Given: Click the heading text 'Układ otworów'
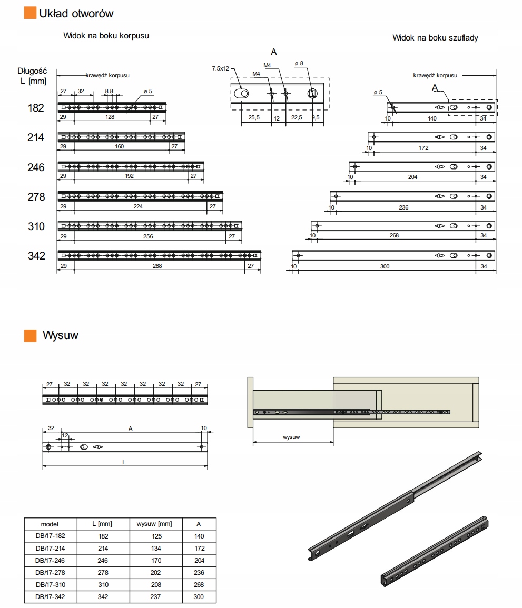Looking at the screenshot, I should [x=76, y=13].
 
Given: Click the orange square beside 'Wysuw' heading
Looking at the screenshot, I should [x=30, y=335].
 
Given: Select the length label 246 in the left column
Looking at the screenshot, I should [x=36, y=167].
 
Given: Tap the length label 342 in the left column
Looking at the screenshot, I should [x=36, y=256].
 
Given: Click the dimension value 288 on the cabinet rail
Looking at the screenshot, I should [x=157, y=266].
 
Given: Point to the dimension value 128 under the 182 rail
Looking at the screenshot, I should [x=110, y=117].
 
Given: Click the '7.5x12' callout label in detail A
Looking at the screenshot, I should [x=221, y=69].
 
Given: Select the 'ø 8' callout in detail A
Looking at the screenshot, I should [x=299, y=64].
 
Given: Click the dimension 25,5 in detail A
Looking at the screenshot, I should [x=254, y=118].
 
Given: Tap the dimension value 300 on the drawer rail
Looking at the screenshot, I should [x=385, y=267].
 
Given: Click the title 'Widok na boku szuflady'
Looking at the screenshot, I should [x=435, y=38].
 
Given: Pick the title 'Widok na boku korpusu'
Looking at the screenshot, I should [x=106, y=36].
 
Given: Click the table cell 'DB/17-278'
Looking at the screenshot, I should [x=50, y=572].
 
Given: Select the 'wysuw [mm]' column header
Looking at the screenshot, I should [x=154, y=524].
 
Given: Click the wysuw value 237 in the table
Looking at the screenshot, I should [x=154, y=596].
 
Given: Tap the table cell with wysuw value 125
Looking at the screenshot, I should [x=154, y=536].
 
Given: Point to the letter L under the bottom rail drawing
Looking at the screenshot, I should [x=124, y=462].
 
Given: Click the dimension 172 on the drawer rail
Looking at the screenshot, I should [x=423, y=148].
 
